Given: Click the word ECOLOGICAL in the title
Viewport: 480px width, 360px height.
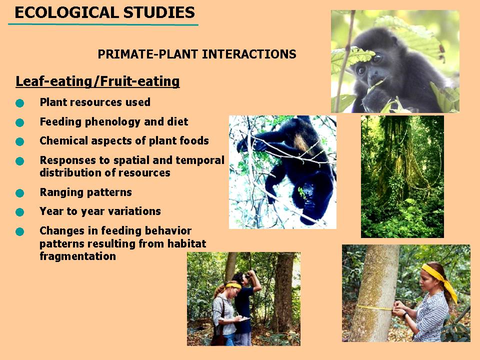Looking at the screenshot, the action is click(66, 12).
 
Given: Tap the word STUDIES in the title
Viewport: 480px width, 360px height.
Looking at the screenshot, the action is click(159, 12).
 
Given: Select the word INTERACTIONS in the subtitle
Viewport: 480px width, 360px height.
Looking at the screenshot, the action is click(249, 54).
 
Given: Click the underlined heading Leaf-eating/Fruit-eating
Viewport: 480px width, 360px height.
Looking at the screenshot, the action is click(97, 81).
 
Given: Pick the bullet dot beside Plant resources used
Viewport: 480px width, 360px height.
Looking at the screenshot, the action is click(20, 103).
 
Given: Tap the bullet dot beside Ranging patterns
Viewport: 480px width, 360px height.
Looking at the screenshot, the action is click(20, 193).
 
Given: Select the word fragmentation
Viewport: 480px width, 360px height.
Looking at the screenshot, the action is click(78, 256).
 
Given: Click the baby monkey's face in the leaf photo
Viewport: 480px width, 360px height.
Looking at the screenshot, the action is click(369, 69).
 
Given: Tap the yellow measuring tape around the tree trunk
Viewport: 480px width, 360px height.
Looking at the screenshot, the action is click(374, 307).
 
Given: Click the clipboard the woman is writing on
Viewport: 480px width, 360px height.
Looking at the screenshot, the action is click(243, 319).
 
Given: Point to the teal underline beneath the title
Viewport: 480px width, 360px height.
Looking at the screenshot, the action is click(103, 24).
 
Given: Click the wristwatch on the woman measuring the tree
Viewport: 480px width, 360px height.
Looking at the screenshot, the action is click(404, 314).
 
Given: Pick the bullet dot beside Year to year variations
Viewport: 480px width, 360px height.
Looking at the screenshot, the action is click(20, 212).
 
